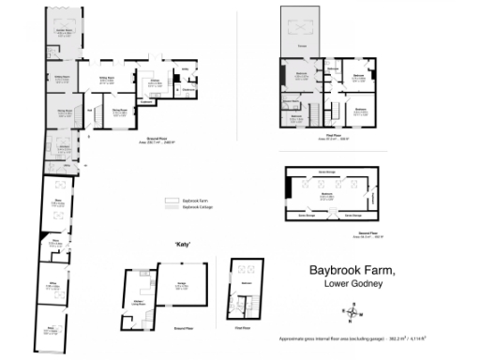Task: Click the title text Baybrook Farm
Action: [357, 271]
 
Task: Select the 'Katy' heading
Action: [183, 244]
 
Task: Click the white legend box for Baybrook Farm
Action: [171, 201]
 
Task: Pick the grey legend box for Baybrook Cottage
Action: [171, 208]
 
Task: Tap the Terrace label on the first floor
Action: [303, 45]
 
